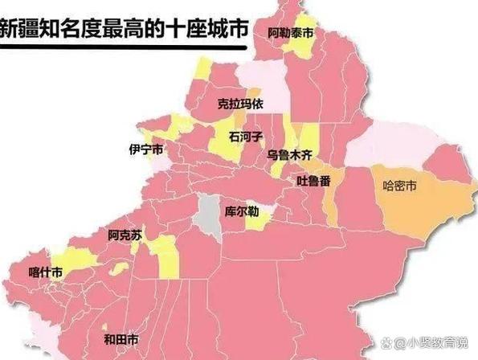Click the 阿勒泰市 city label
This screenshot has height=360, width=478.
click(x=291, y=33)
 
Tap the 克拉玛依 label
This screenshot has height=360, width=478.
click(x=239, y=104)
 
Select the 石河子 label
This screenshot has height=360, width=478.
click(x=246, y=136)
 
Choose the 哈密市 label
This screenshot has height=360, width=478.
click(x=400, y=186)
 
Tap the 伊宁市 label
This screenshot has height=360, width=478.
click(x=146, y=149)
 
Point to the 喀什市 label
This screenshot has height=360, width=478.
click(x=45, y=272)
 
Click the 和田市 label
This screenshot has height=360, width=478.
click(x=121, y=338)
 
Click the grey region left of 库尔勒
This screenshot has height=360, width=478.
click(x=210, y=211)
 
